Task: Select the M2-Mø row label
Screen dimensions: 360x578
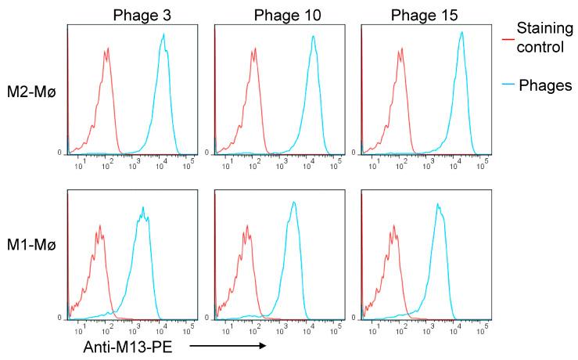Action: coord(30,96)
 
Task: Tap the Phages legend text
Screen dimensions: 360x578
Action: coord(546,86)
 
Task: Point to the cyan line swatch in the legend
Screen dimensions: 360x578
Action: coord(506,87)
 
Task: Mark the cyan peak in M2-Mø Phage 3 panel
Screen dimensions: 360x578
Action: coord(163,35)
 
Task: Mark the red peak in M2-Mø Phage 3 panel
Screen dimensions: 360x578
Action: coord(106,49)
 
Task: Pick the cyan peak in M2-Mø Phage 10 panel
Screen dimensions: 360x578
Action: coord(312,37)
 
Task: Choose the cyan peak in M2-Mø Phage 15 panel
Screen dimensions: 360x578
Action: coord(461,33)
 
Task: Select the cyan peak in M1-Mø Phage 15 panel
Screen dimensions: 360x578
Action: coord(437,205)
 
